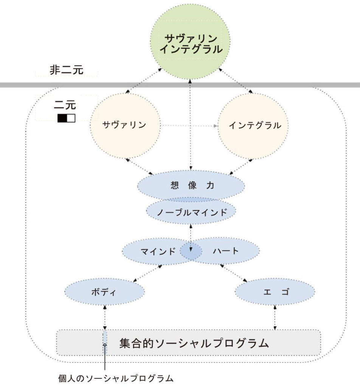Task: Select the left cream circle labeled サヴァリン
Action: pyautogui.click(x=124, y=125)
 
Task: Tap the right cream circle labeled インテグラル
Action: pyautogui.click(x=255, y=125)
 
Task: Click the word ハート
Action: pyautogui.click(x=226, y=251)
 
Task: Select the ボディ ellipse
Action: pyautogui.click(x=105, y=292)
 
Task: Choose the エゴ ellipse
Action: pyautogui.click(x=275, y=292)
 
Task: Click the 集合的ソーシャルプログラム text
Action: pyautogui.click(x=194, y=343)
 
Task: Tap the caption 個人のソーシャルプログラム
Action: pyautogui.click(x=116, y=378)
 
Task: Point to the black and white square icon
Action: pyautogui.click(x=66, y=118)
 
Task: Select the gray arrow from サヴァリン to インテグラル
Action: pyautogui.click(x=189, y=125)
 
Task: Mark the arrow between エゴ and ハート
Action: pyautogui.click(x=233, y=273)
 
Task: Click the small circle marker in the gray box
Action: pyautogui.click(x=105, y=345)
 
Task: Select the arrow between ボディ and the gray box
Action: pyautogui.click(x=105, y=317)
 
